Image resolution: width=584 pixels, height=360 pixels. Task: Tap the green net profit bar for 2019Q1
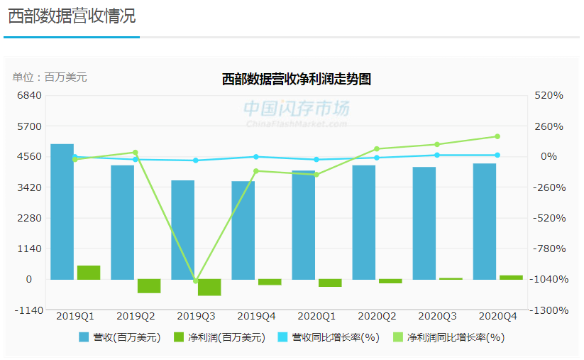[89, 272]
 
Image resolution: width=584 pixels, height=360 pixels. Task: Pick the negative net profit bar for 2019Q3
[209, 287]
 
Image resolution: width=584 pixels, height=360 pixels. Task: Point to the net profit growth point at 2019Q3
[196, 281]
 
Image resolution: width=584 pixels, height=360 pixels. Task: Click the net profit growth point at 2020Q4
[497, 136]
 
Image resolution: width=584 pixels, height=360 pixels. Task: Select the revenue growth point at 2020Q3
[437, 155]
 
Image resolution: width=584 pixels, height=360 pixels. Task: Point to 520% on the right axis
[549, 95]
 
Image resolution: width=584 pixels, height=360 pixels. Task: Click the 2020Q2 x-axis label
[377, 315]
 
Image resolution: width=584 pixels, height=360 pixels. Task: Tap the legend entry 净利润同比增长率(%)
[447, 338]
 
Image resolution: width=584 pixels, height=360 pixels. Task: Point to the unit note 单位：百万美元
[50, 77]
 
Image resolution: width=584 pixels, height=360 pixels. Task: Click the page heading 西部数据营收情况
[72, 16]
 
